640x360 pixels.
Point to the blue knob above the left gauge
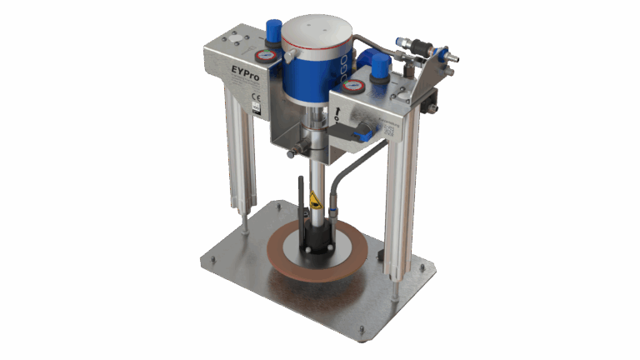[272, 32]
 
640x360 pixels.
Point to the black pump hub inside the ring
[317, 237]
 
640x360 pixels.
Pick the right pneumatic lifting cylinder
[404, 200]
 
